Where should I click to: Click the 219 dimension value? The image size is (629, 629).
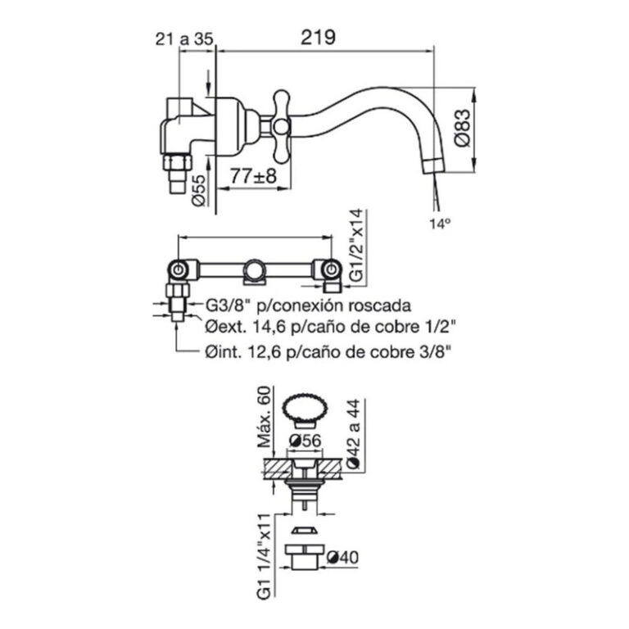point(318,38)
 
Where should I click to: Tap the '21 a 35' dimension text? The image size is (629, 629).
point(185,39)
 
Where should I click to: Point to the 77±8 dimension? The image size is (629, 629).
point(254,175)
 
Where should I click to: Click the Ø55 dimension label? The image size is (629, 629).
point(198,190)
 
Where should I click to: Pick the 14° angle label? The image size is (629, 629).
point(440,224)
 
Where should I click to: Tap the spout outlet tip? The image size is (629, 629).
point(433,165)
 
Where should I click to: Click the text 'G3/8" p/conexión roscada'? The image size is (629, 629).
point(308,305)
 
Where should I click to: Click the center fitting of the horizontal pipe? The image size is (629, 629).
point(256,272)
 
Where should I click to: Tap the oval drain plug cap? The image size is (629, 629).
point(305,410)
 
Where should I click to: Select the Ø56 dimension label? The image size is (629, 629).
point(305,441)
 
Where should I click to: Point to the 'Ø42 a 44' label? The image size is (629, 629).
point(354,433)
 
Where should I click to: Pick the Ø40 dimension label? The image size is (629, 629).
point(342,557)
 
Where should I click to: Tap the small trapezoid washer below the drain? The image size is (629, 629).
point(305,531)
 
